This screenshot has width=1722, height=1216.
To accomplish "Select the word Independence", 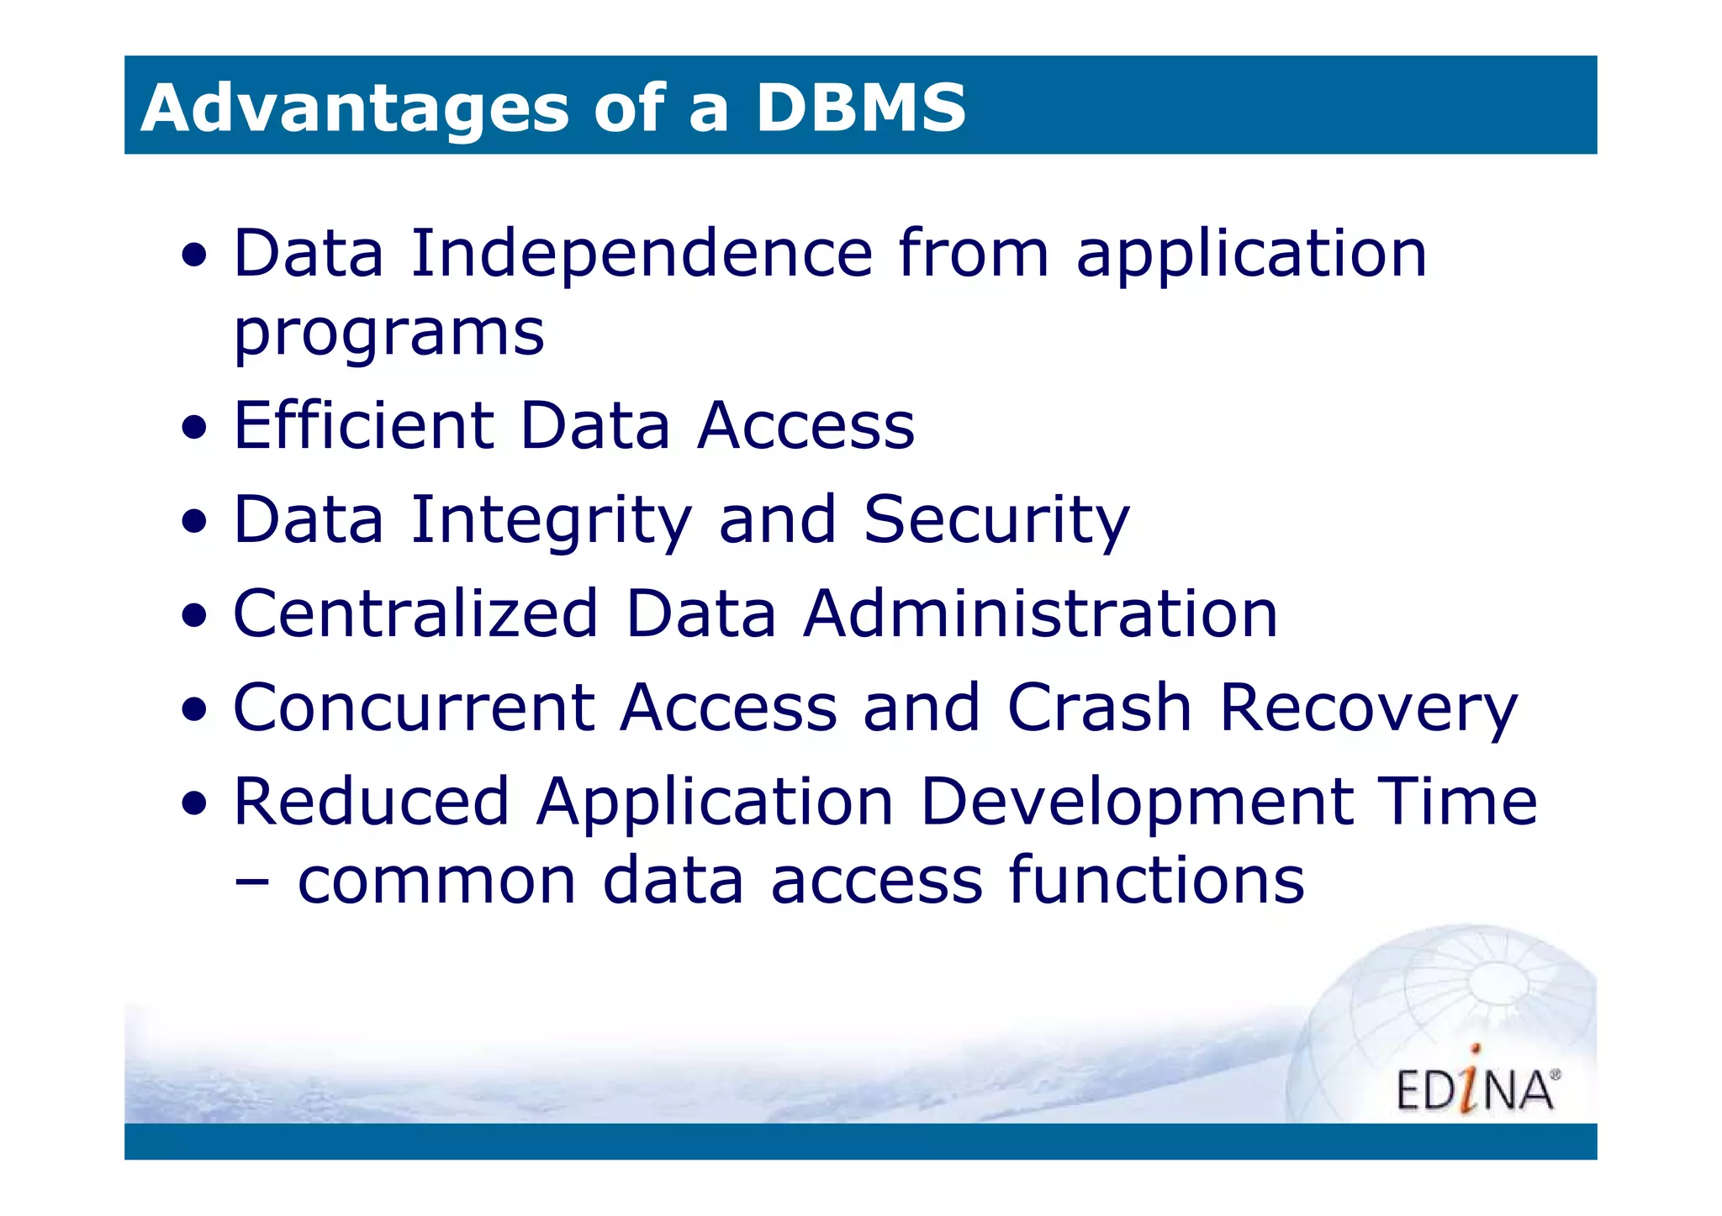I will click(x=642, y=254).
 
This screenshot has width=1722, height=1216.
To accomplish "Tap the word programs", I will click(x=388, y=334).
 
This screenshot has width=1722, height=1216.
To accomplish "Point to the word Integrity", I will click(x=551, y=520).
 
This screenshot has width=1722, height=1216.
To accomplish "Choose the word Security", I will click(x=996, y=520).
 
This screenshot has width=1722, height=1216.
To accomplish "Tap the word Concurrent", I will click(x=414, y=708).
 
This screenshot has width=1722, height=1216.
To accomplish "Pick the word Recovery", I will click(x=1368, y=709).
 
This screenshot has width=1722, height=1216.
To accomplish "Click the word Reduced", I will click(x=371, y=802).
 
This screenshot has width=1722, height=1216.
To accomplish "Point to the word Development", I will click(x=1136, y=803).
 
